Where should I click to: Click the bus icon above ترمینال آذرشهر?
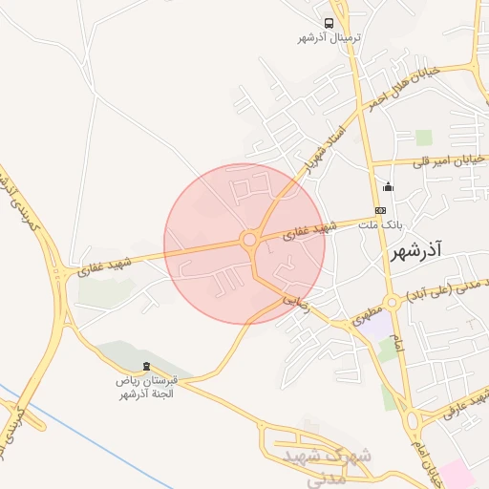[x=329, y=23]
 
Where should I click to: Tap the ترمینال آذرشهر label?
[x=329, y=38]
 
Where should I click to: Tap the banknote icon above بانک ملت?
[x=381, y=210]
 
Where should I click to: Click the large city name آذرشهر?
[x=418, y=253]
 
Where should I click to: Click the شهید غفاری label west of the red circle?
[x=105, y=266]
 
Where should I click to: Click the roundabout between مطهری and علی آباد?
[x=392, y=303]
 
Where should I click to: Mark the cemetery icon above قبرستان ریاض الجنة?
[x=145, y=367]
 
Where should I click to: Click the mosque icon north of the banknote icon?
[x=387, y=187]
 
